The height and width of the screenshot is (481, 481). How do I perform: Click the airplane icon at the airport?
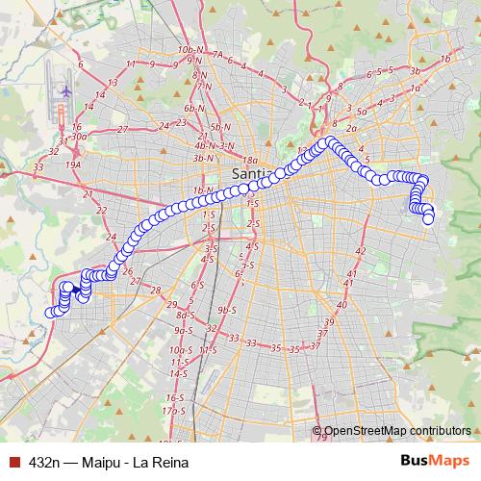point(66,91)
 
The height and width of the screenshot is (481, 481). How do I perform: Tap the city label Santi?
point(251,173)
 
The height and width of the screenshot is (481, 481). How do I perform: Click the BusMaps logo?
point(434,462)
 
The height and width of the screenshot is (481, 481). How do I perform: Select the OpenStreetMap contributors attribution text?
point(397,432)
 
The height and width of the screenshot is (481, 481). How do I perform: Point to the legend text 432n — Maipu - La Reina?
point(109,463)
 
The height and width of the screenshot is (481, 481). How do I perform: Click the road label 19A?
point(74,165)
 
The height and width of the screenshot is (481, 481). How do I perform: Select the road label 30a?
point(79,137)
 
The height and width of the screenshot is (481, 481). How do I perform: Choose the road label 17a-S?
point(174,411)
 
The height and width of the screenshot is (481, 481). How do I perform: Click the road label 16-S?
point(175,397)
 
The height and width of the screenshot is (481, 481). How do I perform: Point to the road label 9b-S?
point(227,310)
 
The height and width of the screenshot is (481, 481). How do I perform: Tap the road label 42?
point(362,250)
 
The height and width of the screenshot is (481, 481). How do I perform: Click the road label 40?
point(342,304)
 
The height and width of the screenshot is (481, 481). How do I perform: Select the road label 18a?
point(251,160)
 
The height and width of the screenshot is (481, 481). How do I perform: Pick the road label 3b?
point(416,70)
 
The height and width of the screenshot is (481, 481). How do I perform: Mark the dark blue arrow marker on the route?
point(76,287)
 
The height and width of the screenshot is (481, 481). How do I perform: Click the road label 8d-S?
point(186,316)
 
